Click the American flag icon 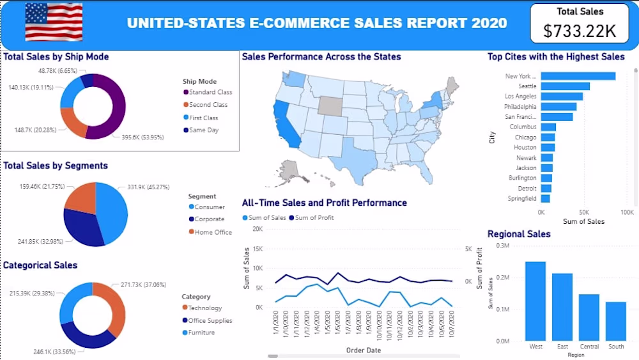(54, 22)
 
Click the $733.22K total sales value (580, 30)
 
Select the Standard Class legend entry (210, 92)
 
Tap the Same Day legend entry (203, 130)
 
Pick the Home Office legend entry (213, 232)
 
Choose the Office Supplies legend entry (210, 320)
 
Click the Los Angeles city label (521, 97)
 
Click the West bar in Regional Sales (535, 301)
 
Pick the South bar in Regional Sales (616, 321)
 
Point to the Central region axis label (589, 347)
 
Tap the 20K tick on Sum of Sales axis (255, 228)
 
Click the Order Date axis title (364, 350)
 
